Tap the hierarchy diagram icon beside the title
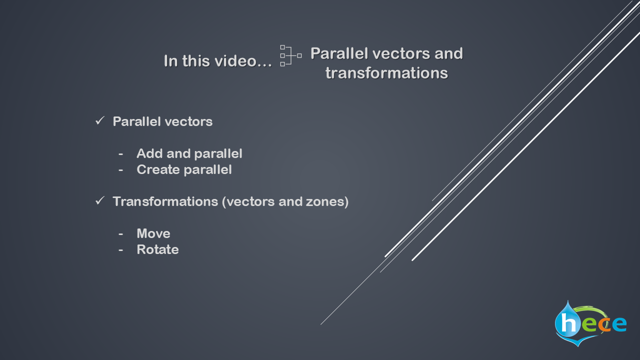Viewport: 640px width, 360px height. (291, 55)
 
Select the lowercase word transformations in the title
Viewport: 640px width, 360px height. (386, 73)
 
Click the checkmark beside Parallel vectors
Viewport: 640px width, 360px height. (100, 121)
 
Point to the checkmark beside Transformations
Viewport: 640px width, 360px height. (100, 201)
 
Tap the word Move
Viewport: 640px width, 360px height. (153, 233)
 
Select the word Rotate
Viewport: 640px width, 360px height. (157, 249)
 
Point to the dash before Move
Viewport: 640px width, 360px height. (121, 234)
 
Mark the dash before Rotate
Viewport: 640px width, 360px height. (121, 250)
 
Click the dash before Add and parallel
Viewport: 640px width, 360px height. (121, 154)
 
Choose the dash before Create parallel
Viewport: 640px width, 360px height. (121, 170)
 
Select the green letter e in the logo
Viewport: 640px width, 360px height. (589, 325)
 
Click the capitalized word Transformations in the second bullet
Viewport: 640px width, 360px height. (165, 201)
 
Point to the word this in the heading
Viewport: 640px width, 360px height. (196, 61)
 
